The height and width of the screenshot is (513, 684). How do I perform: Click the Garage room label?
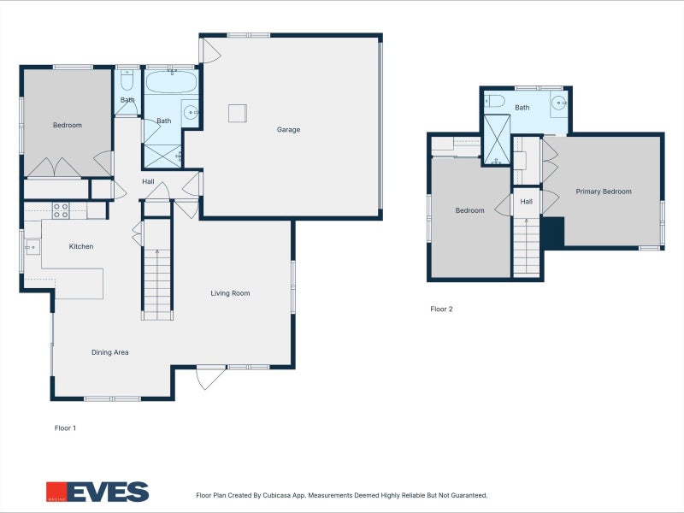click(x=288, y=130)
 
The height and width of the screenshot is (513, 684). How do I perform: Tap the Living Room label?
click(x=230, y=293)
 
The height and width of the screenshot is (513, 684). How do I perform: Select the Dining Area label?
click(x=110, y=352)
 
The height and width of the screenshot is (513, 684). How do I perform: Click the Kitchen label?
click(x=81, y=247)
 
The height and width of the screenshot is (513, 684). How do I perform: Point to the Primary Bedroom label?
click(x=603, y=192)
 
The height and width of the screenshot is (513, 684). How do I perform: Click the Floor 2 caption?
click(x=441, y=310)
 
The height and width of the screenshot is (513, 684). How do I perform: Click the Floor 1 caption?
click(x=65, y=427)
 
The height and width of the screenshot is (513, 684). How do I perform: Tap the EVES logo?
click(x=97, y=492)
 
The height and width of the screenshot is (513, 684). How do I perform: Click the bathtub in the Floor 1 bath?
click(x=171, y=83)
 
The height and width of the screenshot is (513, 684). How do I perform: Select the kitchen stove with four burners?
click(x=61, y=209)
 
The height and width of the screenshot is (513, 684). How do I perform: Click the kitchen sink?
click(x=32, y=247)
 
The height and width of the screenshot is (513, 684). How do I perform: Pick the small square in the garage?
click(x=237, y=113)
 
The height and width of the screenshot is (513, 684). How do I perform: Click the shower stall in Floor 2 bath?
click(x=496, y=139)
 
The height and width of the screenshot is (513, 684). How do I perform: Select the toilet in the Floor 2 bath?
click(x=495, y=102)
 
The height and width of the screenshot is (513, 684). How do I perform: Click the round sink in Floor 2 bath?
click(x=558, y=103)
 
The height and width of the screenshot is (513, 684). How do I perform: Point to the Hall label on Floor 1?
click(x=148, y=181)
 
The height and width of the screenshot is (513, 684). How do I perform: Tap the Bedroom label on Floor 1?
click(x=68, y=126)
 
